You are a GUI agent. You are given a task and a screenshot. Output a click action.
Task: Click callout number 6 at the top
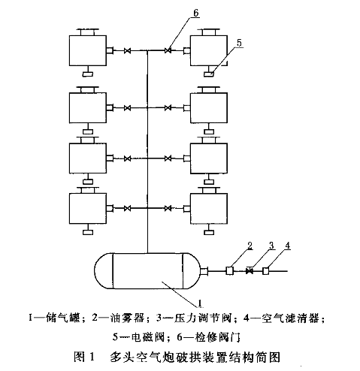pos(196,13)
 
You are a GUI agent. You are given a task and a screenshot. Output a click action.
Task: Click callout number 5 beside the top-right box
pos(239,43)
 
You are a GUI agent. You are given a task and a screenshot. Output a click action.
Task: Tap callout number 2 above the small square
pos(250,246)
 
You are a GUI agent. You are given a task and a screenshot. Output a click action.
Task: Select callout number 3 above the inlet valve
pos(271,246)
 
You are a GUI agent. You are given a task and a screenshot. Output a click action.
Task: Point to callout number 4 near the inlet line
pos(288,246)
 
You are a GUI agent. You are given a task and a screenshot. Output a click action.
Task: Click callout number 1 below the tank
pos(200,303)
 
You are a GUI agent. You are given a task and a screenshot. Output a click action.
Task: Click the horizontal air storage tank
pos(148,271)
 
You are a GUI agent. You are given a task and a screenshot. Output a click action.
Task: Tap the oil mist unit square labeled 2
pos(230,271)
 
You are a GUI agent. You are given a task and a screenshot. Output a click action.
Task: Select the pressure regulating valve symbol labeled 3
pos(250,271)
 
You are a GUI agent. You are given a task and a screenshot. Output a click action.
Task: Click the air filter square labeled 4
pos(266,271)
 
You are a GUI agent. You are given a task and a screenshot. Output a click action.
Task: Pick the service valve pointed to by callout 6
pos(168,51)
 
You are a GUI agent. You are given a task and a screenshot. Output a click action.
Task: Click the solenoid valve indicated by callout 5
pos(209,74)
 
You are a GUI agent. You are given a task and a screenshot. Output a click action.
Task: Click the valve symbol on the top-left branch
pos(128,51)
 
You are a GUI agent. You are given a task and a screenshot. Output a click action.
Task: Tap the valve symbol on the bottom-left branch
pos(128,208)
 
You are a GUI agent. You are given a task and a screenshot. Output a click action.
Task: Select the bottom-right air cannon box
pos(209,208)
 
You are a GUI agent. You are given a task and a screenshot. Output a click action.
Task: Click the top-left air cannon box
pos(88,50)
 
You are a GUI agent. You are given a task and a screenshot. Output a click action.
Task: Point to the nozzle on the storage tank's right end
pos(204,271)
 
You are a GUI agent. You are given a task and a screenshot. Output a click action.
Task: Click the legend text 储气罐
pos(63,318)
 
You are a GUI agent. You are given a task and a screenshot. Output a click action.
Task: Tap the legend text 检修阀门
pos(217,337)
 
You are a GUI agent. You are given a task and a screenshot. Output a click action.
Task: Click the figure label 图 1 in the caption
pos(84,357)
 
